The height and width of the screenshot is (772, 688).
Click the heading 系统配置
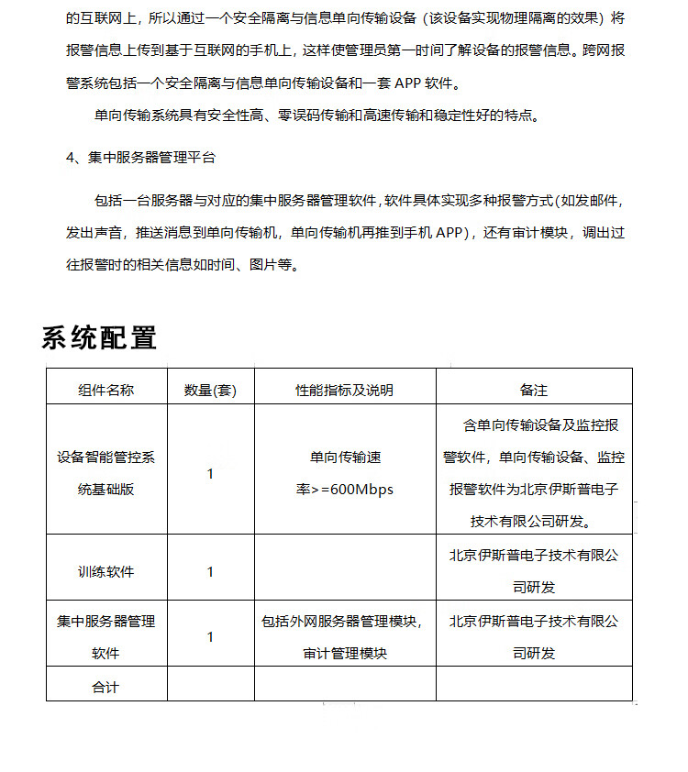(x=99, y=336)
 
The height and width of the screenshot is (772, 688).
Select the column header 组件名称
(x=105, y=390)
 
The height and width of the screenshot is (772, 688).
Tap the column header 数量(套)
(x=210, y=390)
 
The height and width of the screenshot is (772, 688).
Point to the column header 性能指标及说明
(x=344, y=390)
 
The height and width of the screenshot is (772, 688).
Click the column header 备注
(x=534, y=390)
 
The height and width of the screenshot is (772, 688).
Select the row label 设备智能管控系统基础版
(x=105, y=473)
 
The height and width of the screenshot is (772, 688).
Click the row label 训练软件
(x=105, y=571)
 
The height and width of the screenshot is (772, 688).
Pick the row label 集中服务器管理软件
(x=105, y=637)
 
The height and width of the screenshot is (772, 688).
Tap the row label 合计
(x=105, y=686)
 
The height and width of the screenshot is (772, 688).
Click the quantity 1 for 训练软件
(x=210, y=571)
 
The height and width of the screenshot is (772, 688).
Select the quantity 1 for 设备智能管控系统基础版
(x=210, y=473)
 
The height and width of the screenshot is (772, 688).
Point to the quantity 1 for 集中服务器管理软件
(x=210, y=637)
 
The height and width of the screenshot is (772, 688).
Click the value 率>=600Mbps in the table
(x=344, y=490)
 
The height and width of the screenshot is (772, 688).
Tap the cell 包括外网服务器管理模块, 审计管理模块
(x=344, y=637)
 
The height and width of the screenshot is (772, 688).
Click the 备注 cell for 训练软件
(x=534, y=571)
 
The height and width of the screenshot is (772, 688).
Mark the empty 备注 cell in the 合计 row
(x=534, y=686)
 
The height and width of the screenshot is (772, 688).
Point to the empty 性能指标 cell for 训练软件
(x=344, y=571)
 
